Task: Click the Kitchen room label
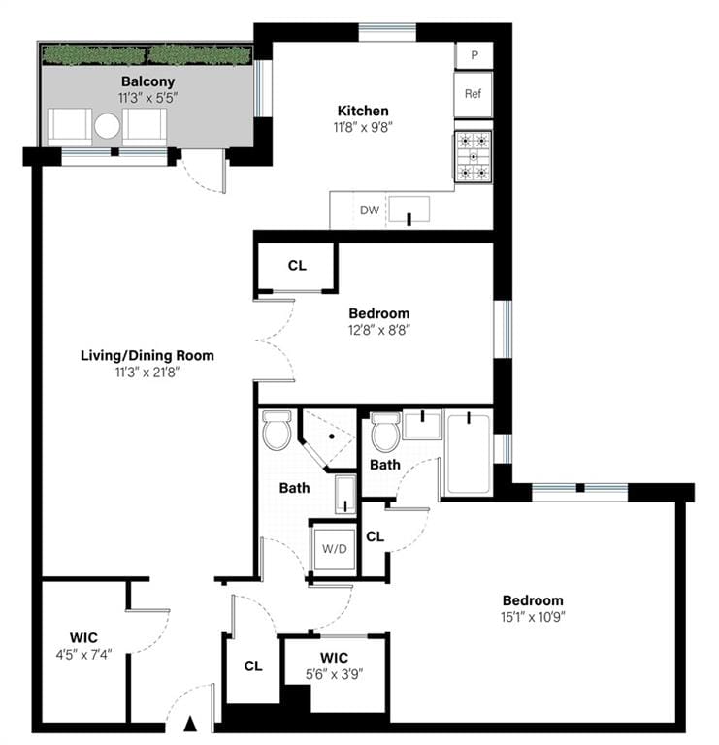click(363, 111)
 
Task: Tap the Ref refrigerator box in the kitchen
click(474, 94)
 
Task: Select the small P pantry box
click(474, 55)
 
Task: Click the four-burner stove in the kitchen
click(474, 157)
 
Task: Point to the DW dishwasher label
click(370, 210)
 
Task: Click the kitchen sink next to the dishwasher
click(409, 210)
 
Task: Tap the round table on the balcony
click(107, 126)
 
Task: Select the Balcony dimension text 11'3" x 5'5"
click(147, 98)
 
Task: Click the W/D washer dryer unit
click(334, 548)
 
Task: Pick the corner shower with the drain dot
click(328, 438)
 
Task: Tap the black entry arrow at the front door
click(191, 723)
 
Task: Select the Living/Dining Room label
click(147, 355)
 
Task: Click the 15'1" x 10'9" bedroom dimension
click(533, 617)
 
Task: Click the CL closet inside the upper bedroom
click(297, 265)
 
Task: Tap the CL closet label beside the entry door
click(253, 666)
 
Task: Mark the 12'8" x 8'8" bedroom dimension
click(378, 330)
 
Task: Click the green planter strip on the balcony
click(146, 52)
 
